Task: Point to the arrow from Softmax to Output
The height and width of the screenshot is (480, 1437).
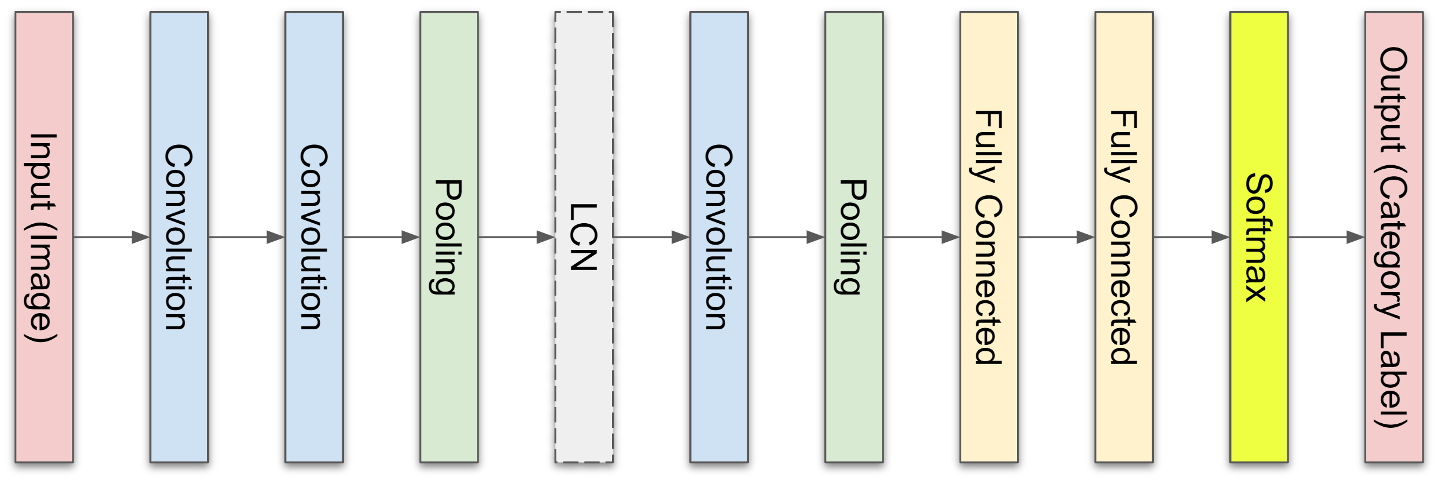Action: tap(1326, 237)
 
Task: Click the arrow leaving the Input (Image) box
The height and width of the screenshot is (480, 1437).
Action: tap(111, 237)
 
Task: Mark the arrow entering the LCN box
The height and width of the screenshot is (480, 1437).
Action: tap(516, 237)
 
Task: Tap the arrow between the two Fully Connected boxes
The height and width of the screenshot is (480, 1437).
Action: tap(1056, 237)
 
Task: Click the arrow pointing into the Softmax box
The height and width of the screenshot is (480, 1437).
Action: tap(1191, 237)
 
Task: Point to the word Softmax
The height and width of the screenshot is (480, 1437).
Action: tap(1258, 237)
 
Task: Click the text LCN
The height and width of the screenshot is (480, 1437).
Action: tap(584, 237)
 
